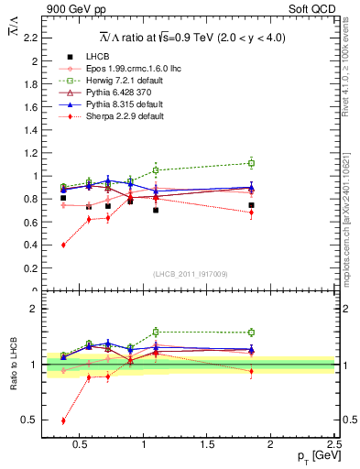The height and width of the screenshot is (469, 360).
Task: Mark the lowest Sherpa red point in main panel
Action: [63, 245]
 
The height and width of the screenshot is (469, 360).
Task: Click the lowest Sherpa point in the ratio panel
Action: [63, 420]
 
